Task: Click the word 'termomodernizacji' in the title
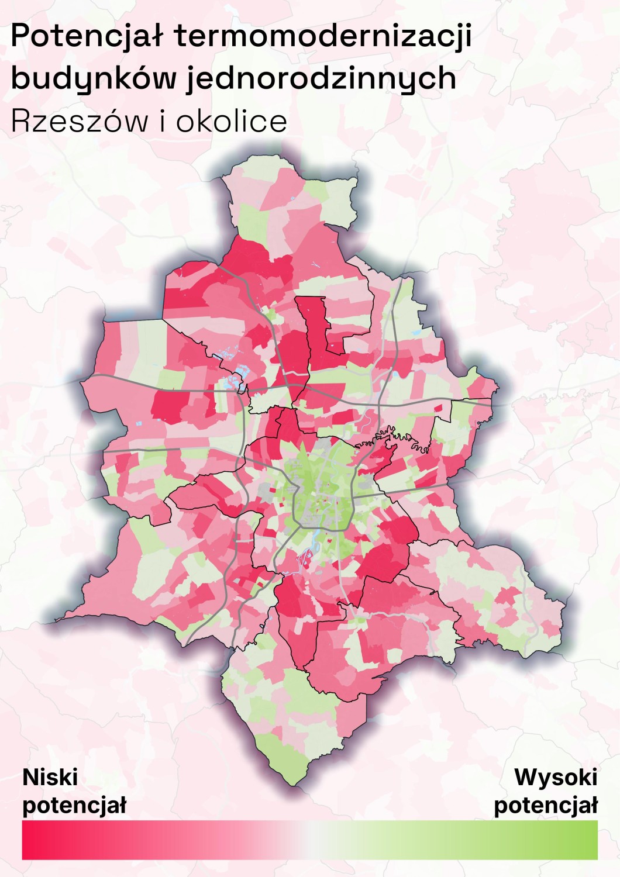(x=323, y=36)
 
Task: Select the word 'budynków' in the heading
(x=94, y=79)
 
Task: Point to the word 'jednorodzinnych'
(x=321, y=79)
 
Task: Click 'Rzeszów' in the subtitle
(x=80, y=121)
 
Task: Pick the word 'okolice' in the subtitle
(x=232, y=121)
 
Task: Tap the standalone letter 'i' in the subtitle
(x=163, y=121)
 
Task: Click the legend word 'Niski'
(x=50, y=778)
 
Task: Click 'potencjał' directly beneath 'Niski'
(x=74, y=806)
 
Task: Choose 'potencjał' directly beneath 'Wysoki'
(x=546, y=806)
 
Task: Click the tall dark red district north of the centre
(x=313, y=327)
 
